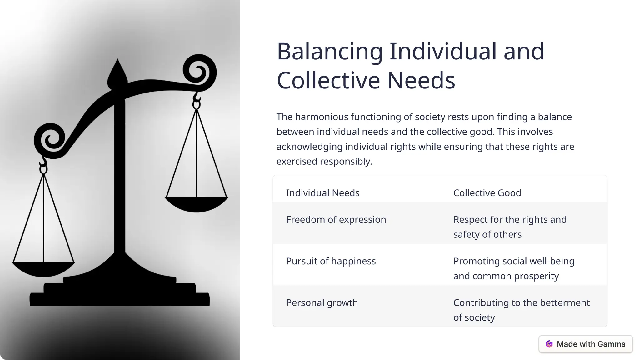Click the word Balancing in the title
click(x=330, y=52)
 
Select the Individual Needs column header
click(x=322, y=193)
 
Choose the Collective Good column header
click(x=487, y=193)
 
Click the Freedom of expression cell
click(x=336, y=220)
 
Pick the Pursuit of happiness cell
click(x=331, y=261)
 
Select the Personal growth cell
click(x=322, y=303)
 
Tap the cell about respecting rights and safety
click(x=510, y=227)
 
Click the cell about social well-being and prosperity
click(x=514, y=268)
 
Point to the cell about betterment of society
click(x=521, y=310)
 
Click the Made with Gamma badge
click(x=586, y=344)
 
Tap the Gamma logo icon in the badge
click(x=549, y=344)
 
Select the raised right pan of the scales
click(x=196, y=204)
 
